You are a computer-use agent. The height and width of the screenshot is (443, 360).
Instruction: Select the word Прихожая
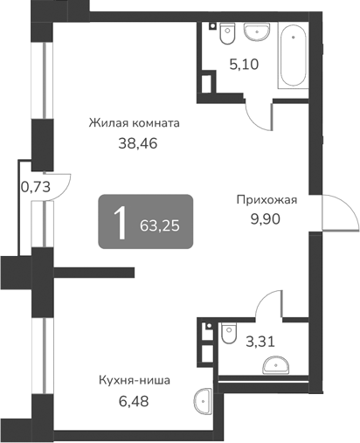pyautogui.click(x=267, y=200)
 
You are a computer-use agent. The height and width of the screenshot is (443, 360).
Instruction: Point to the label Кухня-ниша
pyautogui.click(x=134, y=381)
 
